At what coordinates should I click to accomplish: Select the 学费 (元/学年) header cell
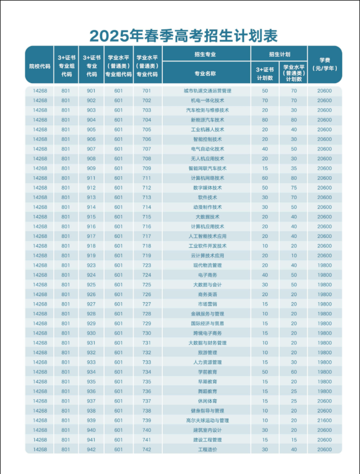pos(325,64)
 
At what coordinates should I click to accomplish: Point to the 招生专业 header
pos(205,54)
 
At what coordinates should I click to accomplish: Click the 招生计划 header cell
pos(279,54)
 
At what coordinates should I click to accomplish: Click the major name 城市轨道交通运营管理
pos(207,90)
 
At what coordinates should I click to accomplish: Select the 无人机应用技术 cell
pos(207,159)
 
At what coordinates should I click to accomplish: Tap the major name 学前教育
pos(207,372)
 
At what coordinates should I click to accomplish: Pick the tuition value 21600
pos(325,420)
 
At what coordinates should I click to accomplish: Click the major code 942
pos(91,450)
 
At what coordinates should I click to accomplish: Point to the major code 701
pos(147,90)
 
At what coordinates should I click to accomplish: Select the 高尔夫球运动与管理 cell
pos(207,420)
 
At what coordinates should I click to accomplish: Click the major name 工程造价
pos(207,450)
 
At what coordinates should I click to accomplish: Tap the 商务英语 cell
pos(207,294)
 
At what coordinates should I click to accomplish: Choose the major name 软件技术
pos(207,197)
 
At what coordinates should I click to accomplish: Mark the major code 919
pos(91,256)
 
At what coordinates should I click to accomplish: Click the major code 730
pos(147,333)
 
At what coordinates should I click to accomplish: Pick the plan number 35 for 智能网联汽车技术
pos(294,168)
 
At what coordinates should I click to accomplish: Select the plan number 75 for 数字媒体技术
pos(294,187)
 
